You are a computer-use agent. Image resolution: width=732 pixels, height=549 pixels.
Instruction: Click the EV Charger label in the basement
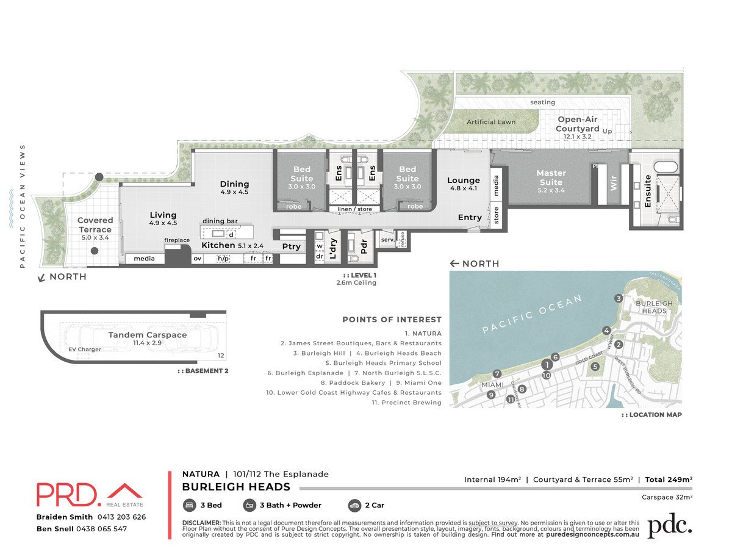84,350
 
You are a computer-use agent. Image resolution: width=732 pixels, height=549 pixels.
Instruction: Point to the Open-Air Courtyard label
577,124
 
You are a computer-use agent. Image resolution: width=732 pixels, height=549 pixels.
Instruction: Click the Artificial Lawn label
491,122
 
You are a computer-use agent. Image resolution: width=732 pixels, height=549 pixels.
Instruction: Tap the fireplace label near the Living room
177,240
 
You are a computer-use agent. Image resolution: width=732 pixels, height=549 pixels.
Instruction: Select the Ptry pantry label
291,246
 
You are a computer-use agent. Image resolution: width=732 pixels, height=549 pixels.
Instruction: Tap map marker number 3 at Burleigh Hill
619,298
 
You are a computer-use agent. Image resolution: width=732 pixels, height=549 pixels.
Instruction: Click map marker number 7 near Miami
497,374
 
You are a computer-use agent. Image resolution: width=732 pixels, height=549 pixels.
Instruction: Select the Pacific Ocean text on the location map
532,315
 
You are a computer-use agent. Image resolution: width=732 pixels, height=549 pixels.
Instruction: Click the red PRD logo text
68,495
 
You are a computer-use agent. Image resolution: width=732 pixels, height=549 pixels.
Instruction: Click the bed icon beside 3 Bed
190,505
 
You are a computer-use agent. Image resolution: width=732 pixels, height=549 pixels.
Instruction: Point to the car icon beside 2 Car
354,505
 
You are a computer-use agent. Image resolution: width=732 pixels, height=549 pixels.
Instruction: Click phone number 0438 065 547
101,529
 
